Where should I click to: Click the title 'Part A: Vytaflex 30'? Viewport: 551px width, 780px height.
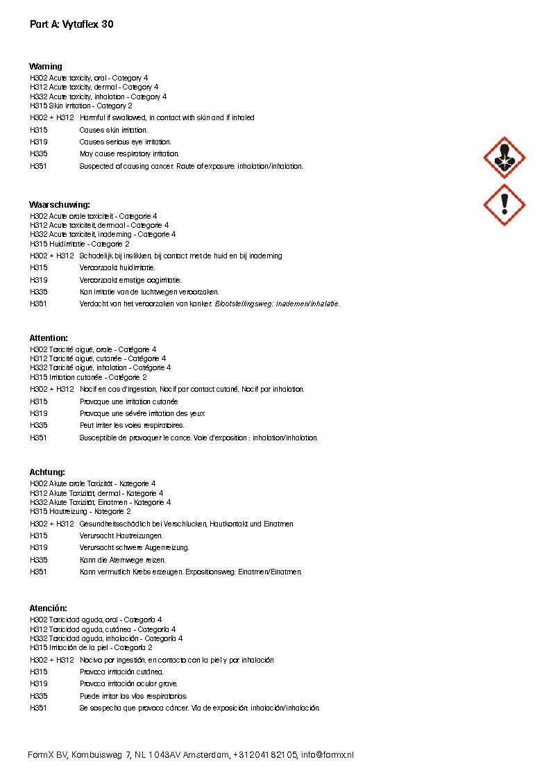point(71,24)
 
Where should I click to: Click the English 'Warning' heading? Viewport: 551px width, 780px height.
point(46,67)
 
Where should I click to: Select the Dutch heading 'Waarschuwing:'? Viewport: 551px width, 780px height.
point(60,205)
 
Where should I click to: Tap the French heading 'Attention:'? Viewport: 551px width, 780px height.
point(49,338)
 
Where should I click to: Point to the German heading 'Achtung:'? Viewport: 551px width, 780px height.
point(47,472)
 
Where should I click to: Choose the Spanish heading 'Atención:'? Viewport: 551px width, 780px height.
point(49,608)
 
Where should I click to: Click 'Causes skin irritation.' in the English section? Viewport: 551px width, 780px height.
point(113,130)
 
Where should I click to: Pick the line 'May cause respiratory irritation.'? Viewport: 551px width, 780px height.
point(129,153)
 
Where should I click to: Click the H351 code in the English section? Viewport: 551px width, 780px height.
point(39,167)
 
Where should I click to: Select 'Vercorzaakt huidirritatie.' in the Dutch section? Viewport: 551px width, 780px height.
point(117,267)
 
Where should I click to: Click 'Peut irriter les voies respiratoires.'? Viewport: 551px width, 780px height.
point(132,425)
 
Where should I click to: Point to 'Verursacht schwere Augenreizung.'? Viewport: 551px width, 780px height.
point(134,547)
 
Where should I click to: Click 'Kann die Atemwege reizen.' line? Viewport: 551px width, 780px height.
point(123,560)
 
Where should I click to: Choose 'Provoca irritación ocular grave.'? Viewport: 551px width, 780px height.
point(128,684)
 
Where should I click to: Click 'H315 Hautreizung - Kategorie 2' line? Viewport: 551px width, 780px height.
point(80,511)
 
